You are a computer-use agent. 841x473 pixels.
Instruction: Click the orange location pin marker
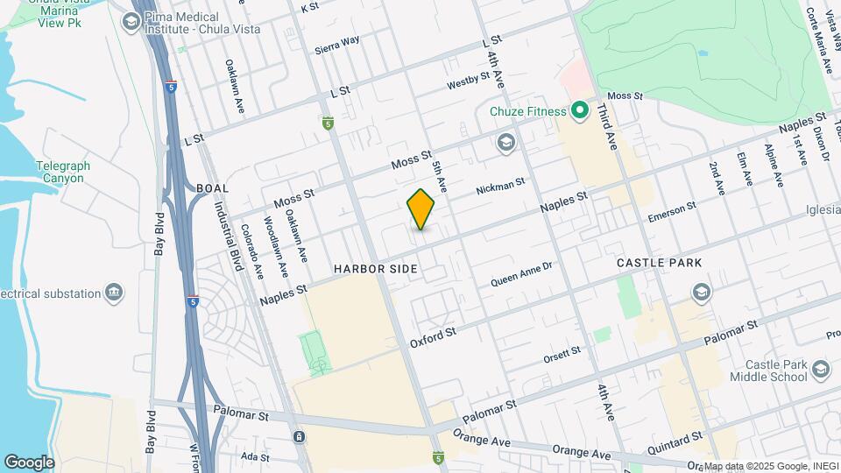coord(420,209)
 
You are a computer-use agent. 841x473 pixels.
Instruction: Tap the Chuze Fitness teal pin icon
coord(578,110)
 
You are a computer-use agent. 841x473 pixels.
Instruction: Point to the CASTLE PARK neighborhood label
coord(654,263)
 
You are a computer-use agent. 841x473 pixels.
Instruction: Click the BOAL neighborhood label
coord(213,188)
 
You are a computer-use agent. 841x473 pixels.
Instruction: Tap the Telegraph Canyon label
coord(60,172)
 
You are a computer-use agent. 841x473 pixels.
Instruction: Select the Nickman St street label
coord(500,187)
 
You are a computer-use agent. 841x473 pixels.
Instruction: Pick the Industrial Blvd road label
coord(229,236)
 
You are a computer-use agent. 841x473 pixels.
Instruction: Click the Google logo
coord(29,462)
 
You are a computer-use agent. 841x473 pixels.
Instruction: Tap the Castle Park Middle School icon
coord(820,369)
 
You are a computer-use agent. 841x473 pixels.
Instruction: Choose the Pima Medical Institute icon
coord(132,22)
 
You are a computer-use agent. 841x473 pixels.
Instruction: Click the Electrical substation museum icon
coord(114,293)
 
